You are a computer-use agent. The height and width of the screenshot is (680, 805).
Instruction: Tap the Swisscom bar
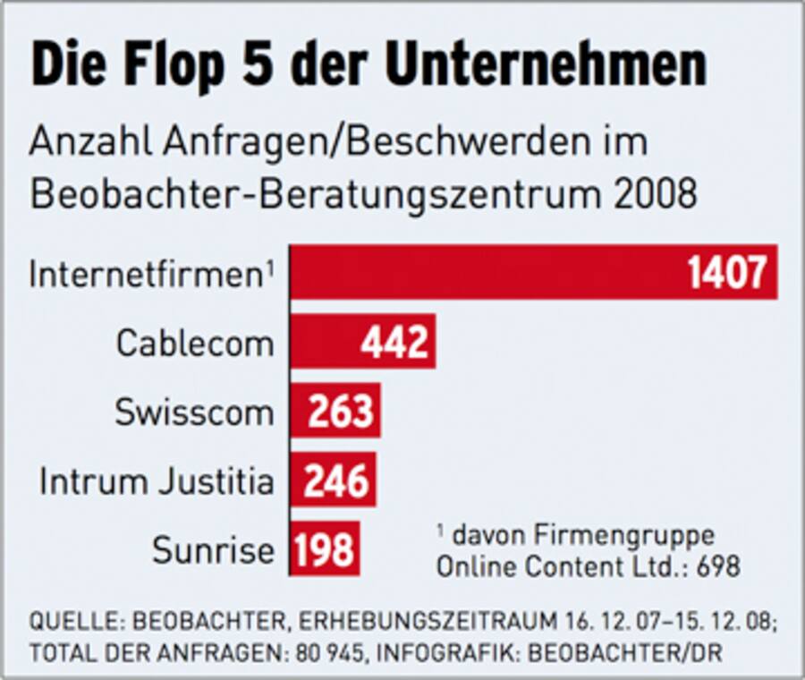tap(299, 411)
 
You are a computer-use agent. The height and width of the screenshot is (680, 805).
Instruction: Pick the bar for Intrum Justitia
tap(296, 480)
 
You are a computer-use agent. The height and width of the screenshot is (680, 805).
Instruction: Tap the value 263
tap(340, 411)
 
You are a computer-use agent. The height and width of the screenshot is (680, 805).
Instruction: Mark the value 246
tap(336, 480)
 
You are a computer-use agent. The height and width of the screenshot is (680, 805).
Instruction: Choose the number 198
tap(325, 548)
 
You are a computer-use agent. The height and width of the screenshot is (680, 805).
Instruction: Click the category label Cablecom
tap(195, 343)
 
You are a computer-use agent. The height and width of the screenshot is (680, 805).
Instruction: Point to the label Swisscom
tap(194, 412)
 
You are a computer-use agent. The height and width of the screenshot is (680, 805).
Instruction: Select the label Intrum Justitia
tap(157, 481)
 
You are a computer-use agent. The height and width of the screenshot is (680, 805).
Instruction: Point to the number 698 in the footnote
tap(716, 567)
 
